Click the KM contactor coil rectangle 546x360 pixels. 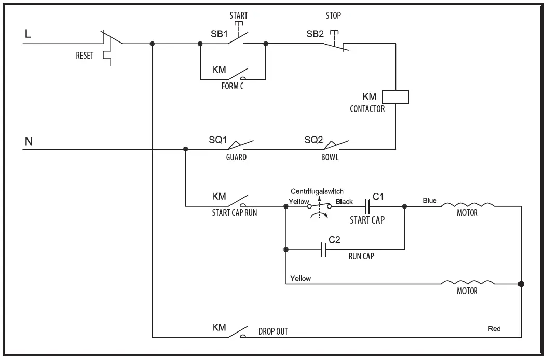click(395, 96)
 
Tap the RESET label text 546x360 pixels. click(85, 56)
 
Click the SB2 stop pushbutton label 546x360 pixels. click(315, 34)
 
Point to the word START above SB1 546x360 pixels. click(239, 16)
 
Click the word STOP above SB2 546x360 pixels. click(333, 16)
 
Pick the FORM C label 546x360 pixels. click(232, 87)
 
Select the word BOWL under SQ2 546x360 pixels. click(330, 157)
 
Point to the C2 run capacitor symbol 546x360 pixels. click(324, 251)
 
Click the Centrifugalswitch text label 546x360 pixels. click(317, 191)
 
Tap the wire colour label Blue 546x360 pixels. click(430, 200)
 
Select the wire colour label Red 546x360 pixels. click(495, 329)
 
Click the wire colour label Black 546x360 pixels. click(344, 201)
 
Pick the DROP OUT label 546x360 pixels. click(273, 331)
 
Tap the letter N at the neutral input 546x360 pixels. click(29, 141)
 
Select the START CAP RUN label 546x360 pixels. click(234, 212)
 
